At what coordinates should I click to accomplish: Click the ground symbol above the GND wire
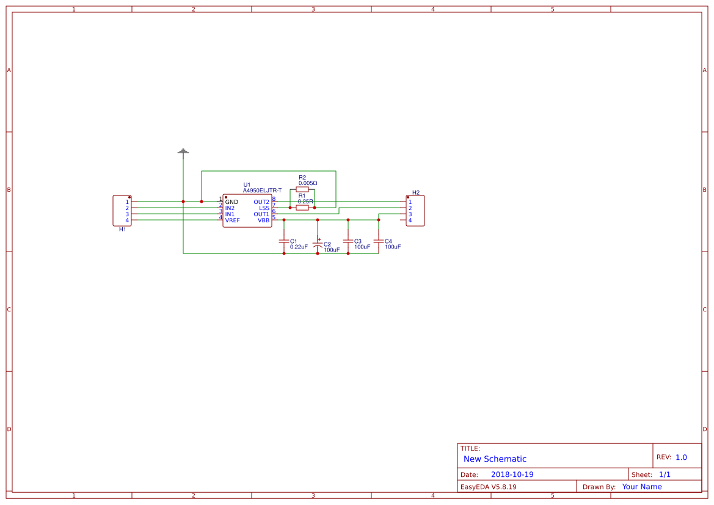click(x=183, y=151)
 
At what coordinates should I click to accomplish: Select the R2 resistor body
click(x=302, y=189)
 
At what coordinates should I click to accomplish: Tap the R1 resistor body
click(x=302, y=208)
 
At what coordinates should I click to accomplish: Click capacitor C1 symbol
click(x=283, y=241)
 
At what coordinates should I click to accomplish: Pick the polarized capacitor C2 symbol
click(x=318, y=244)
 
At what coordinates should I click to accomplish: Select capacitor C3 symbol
click(x=348, y=241)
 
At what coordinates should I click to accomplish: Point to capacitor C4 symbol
click(x=379, y=241)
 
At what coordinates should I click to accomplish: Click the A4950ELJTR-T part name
click(x=262, y=191)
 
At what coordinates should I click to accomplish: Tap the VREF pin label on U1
click(x=232, y=220)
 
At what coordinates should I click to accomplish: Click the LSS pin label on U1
click(x=264, y=208)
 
